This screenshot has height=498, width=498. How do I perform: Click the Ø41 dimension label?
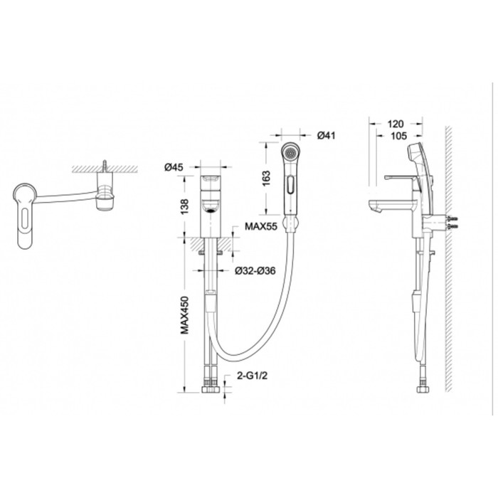(326, 135)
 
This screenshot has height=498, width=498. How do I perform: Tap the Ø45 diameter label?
(174, 166)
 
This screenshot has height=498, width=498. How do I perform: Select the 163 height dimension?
(266, 178)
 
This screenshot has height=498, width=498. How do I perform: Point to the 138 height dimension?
(184, 206)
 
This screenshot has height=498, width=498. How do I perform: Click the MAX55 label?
(261, 226)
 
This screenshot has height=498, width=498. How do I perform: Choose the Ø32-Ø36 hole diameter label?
(255, 270)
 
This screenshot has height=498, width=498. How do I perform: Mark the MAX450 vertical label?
(184, 315)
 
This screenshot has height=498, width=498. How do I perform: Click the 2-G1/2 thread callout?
(252, 376)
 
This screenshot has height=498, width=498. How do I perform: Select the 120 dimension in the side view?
(396, 124)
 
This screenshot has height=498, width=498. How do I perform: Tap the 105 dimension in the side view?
(398, 136)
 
